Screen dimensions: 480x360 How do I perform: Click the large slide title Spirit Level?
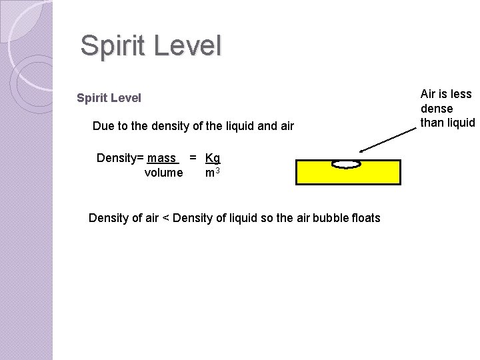pos(150,46)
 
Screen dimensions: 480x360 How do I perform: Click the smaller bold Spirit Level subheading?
pos(109,98)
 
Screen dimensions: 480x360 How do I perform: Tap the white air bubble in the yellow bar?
pos(346,163)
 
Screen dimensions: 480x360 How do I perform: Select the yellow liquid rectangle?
pos(347,175)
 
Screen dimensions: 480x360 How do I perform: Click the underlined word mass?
pos(162,159)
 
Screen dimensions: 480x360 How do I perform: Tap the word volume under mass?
pos(163,173)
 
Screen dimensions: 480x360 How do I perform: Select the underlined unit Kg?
pos(213,159)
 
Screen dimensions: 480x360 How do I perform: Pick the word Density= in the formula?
pos(120,159)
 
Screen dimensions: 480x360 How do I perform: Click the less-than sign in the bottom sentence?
pos(165,217)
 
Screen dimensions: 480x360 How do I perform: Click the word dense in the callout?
pos(437,108)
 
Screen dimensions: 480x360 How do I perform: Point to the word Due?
pos(103,125)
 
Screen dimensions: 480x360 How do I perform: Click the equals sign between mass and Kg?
pos(193,159)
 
